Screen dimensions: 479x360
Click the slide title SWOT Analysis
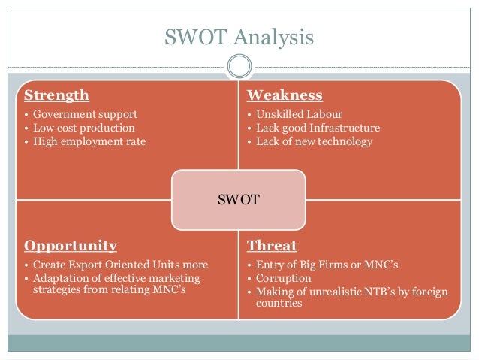click(x=239, y=37)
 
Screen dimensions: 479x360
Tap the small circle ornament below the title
click(x=239, y=66)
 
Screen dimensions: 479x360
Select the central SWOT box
click(x=239, y=200)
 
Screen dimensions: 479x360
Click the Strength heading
click(x=56, y=95)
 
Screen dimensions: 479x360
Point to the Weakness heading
click(x=285, y=95)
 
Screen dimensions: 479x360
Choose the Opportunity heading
click(x=71, y=246)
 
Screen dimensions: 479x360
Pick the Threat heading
click(x=272, y=246)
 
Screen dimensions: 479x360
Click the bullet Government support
click(x=85, y=115)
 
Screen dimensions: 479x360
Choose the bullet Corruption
click(x=283, y=278)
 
